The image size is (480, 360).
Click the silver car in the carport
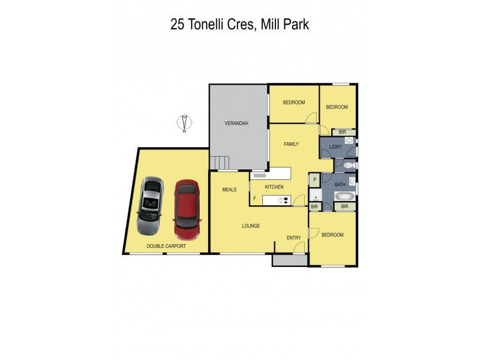point(149,206)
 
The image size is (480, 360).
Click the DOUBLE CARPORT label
point(166,246)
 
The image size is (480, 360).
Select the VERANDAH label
point(236,123)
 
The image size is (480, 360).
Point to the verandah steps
point(220,163)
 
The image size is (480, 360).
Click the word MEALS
point(229,189)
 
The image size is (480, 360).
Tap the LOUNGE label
point(250,226)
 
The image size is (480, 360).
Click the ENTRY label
point(293,238)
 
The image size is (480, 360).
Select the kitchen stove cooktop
point(283,200)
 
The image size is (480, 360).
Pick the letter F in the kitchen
point(254,198)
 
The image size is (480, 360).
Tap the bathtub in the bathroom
point(344,196)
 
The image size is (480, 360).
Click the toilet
point(351,164)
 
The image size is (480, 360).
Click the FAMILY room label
point(291,144)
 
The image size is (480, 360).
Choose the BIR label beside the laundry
point(342,132)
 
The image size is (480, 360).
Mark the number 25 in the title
point(178,25)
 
